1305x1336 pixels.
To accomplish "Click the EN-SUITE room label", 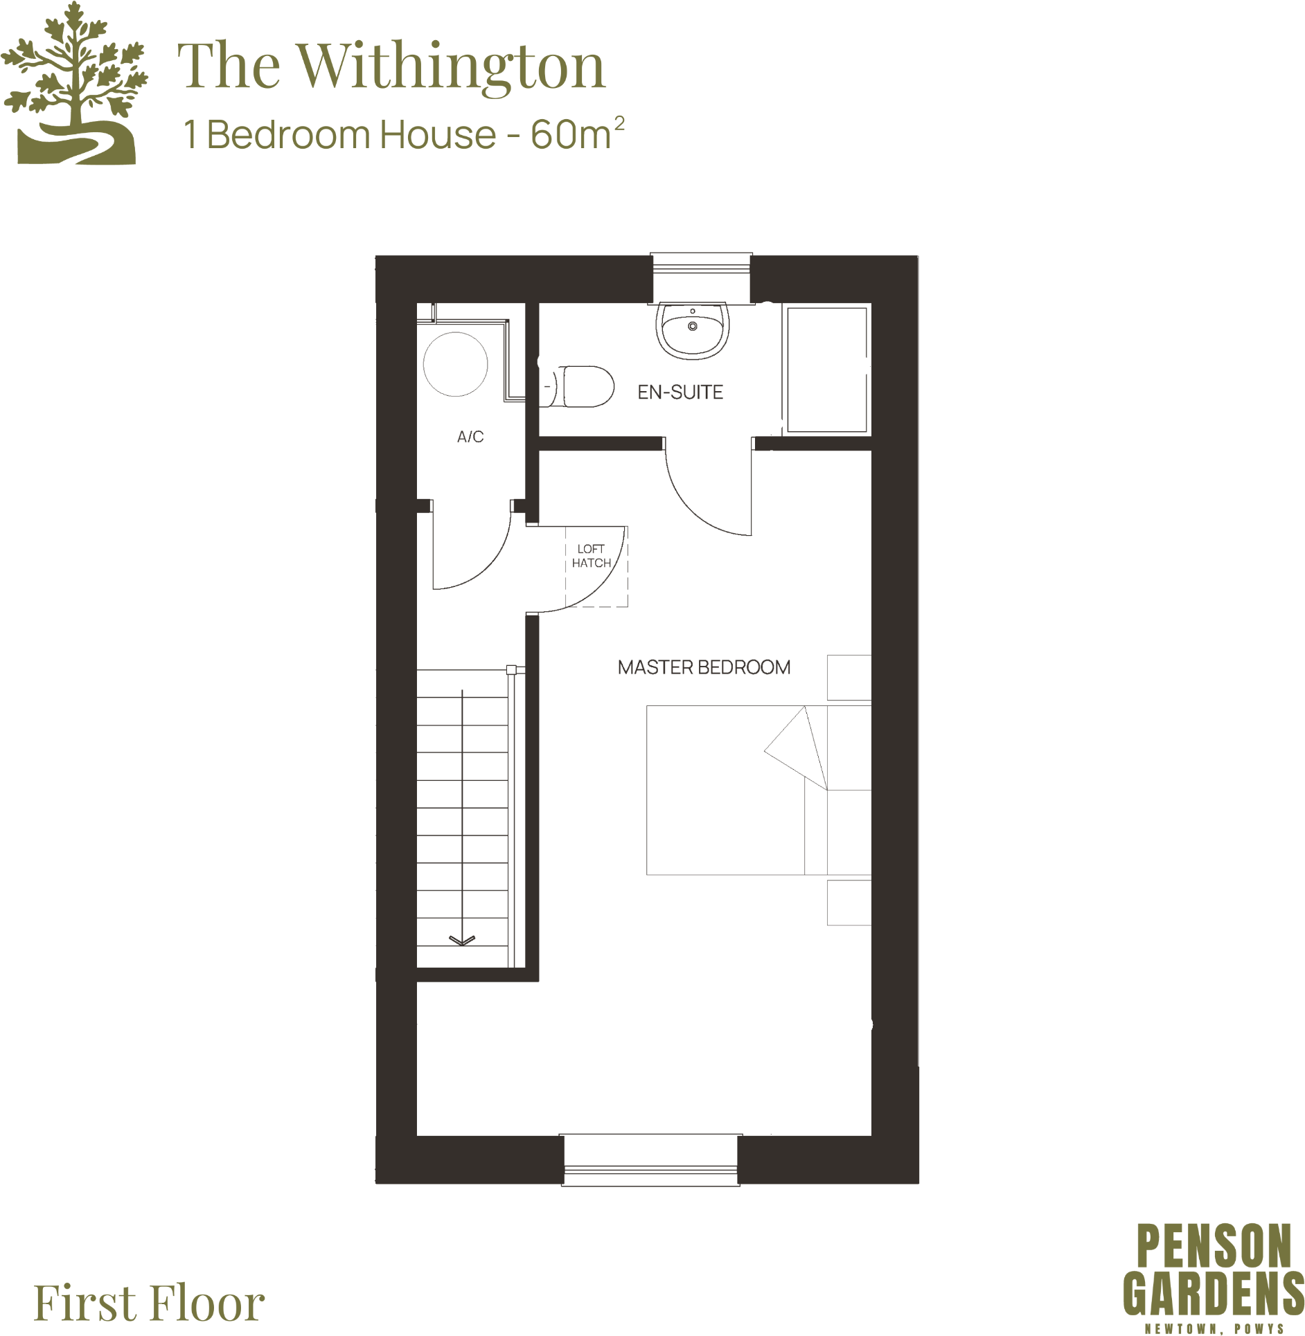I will point(680,392).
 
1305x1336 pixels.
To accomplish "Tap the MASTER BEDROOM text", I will point(704,667).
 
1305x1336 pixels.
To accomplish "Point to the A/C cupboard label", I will point(470,437).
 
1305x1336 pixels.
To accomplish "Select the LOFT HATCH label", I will point(592,556).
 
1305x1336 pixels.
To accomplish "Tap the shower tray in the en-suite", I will point(826,370).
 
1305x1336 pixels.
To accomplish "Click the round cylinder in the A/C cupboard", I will point(455,364).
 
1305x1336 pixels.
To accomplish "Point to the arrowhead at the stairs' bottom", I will point(462,940).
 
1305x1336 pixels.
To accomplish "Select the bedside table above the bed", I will point(849,677).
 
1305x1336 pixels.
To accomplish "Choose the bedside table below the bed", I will point(849,903).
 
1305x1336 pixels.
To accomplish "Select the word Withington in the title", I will point(452,67).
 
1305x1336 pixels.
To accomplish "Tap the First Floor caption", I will point(149,1303).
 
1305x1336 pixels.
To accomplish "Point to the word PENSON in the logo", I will point(1214,1247).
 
